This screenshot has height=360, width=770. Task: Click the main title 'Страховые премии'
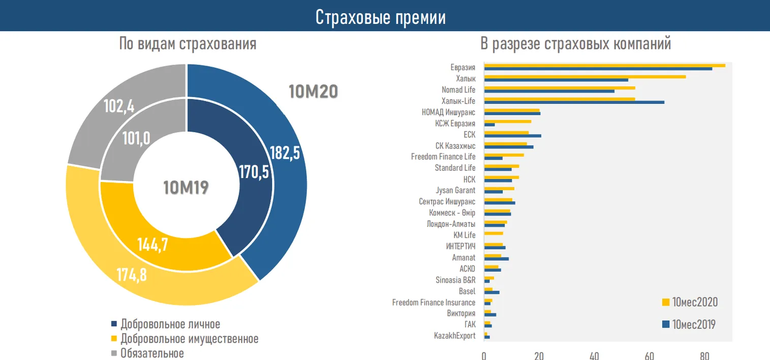(x=380, y=17)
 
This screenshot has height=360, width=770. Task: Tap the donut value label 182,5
(x=285, y=153)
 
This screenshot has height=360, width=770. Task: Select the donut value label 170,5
(x=254, y=172)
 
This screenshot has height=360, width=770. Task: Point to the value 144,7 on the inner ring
(x=152, y=245)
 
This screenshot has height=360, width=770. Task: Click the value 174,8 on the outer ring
(x=131, y=275)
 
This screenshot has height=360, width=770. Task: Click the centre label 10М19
(x=186, y=188)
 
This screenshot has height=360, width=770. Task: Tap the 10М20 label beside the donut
(x=313, y=92)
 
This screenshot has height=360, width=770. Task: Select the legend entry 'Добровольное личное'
(x=170, y=324)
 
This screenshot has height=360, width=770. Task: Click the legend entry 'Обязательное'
(x=151, y=353)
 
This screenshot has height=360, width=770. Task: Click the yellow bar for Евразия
(x=604, y=65)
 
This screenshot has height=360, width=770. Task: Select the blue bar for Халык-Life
(x=574, y=102)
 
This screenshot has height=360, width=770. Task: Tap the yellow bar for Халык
(x=584, y=77)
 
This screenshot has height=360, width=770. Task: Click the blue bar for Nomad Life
(x=549, y=91)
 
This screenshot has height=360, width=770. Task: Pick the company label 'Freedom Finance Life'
(x=443, y=157)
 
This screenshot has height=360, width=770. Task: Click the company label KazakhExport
(x=454, y=336)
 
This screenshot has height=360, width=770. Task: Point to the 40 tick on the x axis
(x=594, y=356)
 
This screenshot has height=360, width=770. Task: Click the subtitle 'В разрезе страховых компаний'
(x=576, y=44)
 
